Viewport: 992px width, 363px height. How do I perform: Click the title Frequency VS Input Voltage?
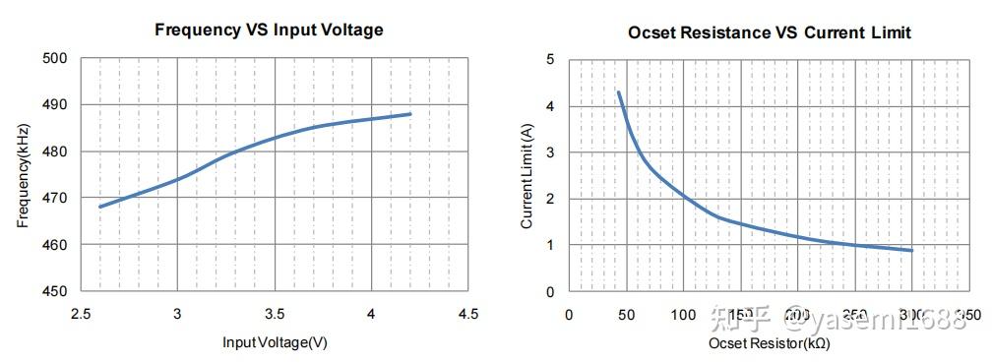tap(269, 30)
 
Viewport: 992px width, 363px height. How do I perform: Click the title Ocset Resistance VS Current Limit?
tap(770, 32)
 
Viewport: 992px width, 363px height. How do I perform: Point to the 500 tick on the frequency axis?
tap(54, 58)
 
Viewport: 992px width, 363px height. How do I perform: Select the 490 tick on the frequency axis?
tap(54, 105)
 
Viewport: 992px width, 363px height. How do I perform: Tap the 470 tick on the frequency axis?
tap(54, 199)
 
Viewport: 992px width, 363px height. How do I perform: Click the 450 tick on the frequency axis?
tap(54, 292)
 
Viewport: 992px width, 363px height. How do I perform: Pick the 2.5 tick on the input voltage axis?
tap(81, 314)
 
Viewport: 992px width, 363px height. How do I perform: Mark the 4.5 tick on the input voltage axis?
tap(468, 314)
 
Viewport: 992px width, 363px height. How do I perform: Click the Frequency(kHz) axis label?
tap(23, 175)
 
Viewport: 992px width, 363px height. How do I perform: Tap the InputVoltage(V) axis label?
tap(274, 343)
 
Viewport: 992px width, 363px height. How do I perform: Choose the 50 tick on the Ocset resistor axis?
tap(626, 315)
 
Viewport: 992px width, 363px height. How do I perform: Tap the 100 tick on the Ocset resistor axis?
tap(683, 315)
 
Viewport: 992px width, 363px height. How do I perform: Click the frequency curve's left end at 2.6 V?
tap(100, 207)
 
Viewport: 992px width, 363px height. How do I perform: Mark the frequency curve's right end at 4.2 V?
tap(410, 114)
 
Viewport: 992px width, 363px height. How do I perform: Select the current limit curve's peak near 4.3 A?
tap(618, 92)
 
